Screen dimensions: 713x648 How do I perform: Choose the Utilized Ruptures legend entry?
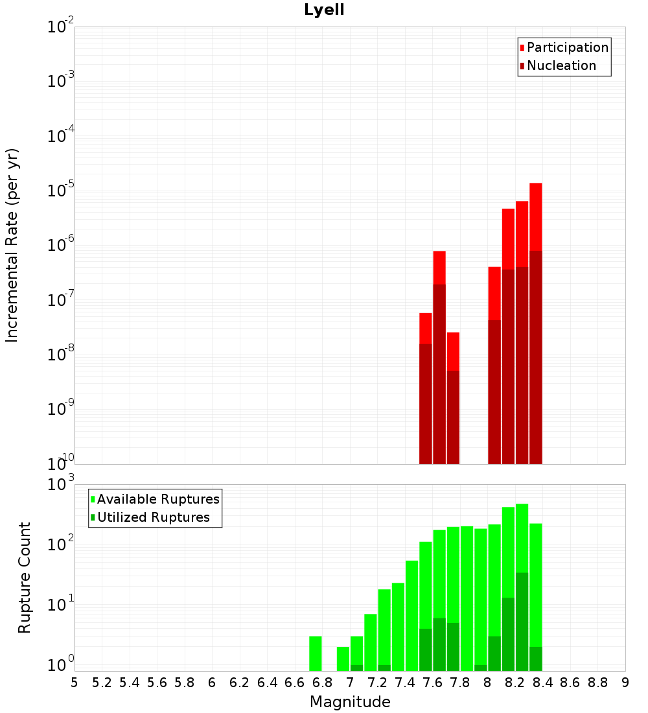153,517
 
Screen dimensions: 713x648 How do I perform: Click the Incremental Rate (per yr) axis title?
12,246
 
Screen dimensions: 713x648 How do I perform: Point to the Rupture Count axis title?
25,577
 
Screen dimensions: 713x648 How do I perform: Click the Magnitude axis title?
350,701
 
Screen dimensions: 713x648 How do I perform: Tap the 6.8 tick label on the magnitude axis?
322,683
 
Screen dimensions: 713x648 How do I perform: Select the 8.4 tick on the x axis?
542,683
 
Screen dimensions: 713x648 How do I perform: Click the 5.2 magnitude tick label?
102,683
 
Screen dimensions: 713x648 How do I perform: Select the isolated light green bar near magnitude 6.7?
315,653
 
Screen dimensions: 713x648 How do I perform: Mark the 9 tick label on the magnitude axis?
625,683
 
